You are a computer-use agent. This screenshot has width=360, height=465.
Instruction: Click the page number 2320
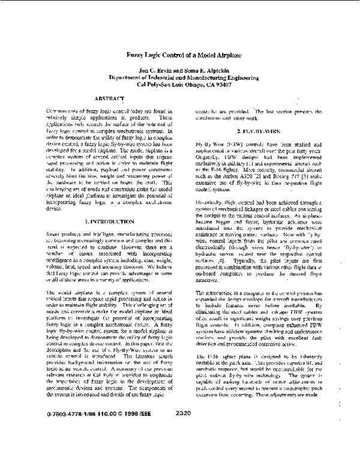pos(184,446)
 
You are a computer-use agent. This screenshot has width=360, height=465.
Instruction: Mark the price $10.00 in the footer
pos(106,446)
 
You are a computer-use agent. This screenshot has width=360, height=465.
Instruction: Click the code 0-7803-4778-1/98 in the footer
pos(69,446)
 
